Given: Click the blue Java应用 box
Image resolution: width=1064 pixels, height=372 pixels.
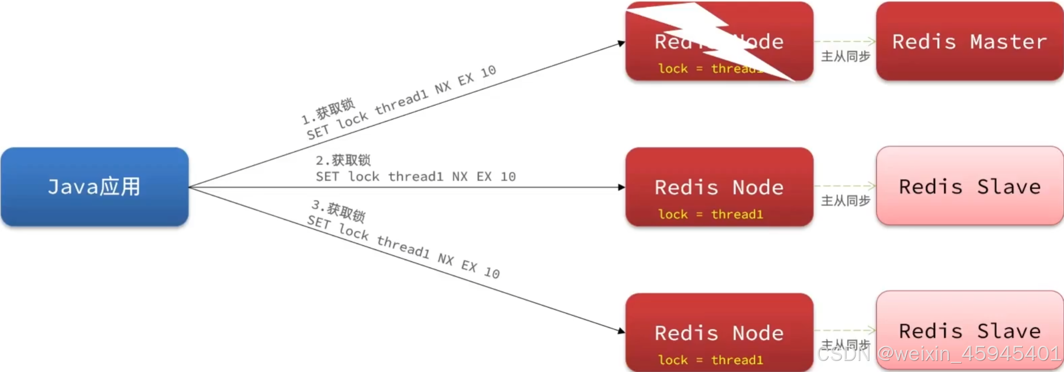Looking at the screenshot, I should (95, 187).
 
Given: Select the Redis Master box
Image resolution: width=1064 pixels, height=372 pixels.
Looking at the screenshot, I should (969, 41).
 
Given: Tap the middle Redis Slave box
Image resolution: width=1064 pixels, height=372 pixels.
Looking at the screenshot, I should (969, 186).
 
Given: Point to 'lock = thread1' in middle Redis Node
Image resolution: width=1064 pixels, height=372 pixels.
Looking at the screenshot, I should (710, 214).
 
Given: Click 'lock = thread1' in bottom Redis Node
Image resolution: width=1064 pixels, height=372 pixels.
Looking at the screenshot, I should (710, 360).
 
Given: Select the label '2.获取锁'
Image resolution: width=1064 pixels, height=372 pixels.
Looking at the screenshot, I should (343, 161).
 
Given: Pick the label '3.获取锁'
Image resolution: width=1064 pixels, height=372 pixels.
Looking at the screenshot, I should (339, 210).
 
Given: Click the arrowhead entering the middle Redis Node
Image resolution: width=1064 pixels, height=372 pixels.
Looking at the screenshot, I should (621, 187).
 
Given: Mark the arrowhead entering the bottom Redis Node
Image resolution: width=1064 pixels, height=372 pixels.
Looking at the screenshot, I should (621, 330).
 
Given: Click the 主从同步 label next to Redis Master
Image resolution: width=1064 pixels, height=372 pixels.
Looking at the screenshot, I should (845, 56).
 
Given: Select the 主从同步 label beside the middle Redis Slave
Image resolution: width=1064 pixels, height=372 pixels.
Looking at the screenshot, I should (845, 201).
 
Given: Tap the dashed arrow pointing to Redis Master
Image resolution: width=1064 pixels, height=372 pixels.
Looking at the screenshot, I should (845, 42).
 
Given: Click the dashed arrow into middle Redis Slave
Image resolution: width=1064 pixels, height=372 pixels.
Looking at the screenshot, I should (845, 186).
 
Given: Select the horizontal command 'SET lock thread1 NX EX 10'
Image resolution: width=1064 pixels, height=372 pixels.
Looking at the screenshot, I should (416, 177).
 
